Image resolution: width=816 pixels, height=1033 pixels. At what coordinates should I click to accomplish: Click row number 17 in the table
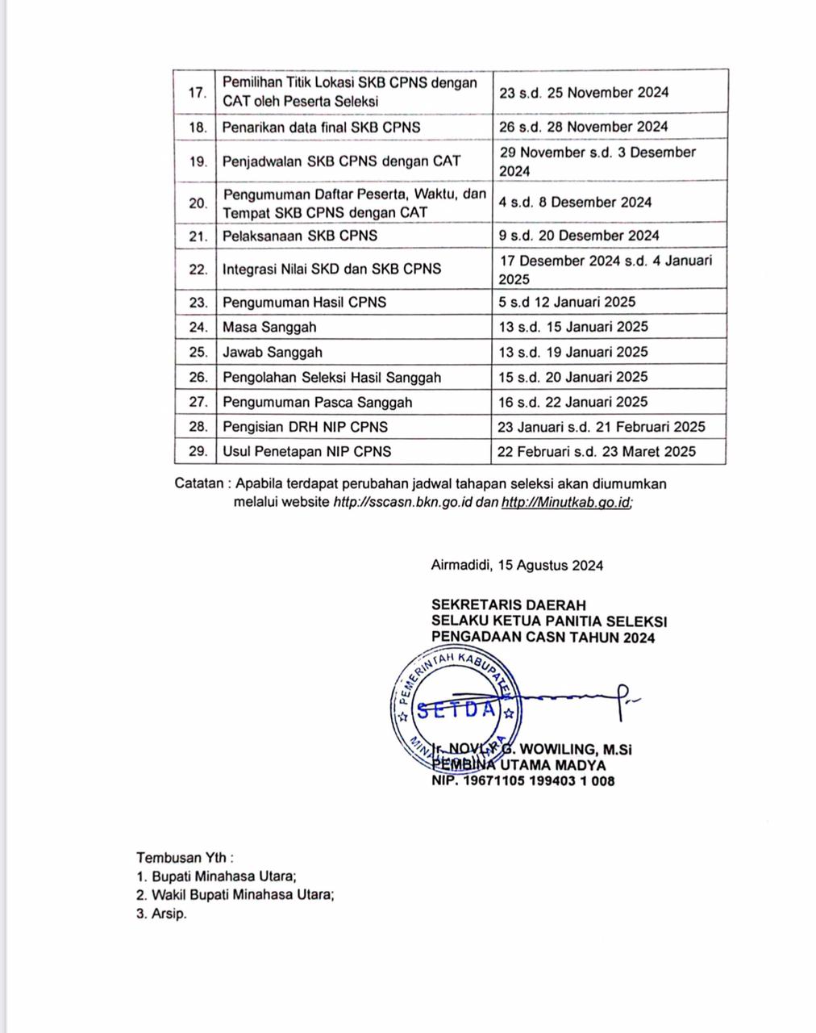pos(196,92)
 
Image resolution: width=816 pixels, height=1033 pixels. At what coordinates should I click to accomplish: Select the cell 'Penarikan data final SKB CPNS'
pos(321,128)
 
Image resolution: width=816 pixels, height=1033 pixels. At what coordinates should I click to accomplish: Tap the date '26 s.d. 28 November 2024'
pos(583,127)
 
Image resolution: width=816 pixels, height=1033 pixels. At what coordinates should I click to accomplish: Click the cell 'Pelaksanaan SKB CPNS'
pos(300,236)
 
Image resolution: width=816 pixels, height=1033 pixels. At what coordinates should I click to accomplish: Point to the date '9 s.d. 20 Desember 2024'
pos(579,236)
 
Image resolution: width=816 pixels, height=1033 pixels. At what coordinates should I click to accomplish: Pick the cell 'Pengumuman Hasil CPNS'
pos(304,303)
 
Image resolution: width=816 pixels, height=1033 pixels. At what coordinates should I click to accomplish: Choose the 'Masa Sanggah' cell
pos(269,327)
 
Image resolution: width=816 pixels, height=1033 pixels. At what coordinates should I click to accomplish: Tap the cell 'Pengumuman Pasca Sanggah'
pos(317,402)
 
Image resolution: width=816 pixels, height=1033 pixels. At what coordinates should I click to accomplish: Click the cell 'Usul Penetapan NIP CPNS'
pos(306,452)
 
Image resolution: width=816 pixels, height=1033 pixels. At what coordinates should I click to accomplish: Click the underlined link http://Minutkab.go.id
pos(566,502)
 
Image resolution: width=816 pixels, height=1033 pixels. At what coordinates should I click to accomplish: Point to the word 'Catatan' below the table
pos(198,484)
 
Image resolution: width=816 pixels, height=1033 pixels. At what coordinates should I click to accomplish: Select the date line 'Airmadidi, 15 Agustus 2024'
pos(517,566)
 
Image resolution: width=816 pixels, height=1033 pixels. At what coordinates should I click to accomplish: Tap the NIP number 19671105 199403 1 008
pos(539,780)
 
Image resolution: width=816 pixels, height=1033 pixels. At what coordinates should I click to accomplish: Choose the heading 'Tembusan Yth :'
pos(185,857)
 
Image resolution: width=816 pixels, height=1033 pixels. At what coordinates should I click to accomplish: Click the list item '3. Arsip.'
pos(161,914)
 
